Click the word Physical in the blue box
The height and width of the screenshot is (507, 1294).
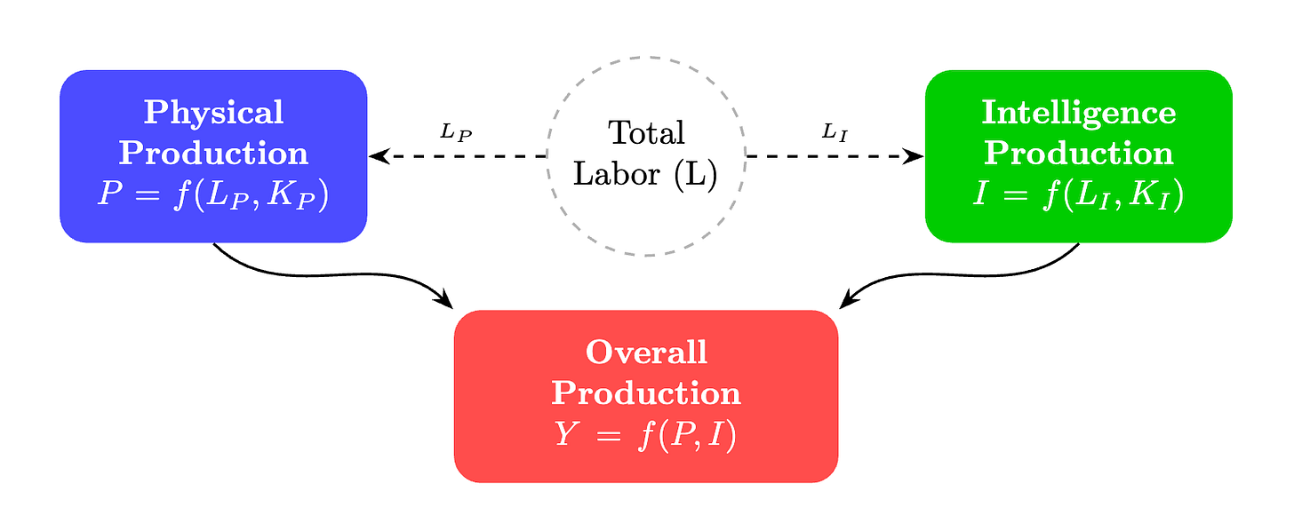click(x=213, y=113)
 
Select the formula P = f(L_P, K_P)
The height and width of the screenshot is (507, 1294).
click(x=213, y=194)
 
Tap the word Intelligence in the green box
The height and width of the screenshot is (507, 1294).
click(x=1078, y=113)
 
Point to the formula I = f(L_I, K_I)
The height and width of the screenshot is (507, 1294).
click(x=1078, y=194)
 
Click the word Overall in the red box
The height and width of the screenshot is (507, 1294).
click(x=646, y=353)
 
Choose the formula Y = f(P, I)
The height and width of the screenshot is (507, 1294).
click(x=646, y=435)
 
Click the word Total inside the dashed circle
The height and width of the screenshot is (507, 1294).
click(x=646, y=133)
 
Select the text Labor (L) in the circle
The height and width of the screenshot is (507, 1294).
click(x=645, y=174)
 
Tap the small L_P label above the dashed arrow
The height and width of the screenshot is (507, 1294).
click(x=456, y=132)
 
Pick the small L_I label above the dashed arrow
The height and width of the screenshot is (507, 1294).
click(x=835, y=132)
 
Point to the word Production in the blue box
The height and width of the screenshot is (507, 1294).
click(x=213, y=153)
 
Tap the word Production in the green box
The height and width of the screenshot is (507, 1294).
click(x=1078, y=153)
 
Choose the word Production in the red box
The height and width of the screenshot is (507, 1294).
click(x=646, y=393)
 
